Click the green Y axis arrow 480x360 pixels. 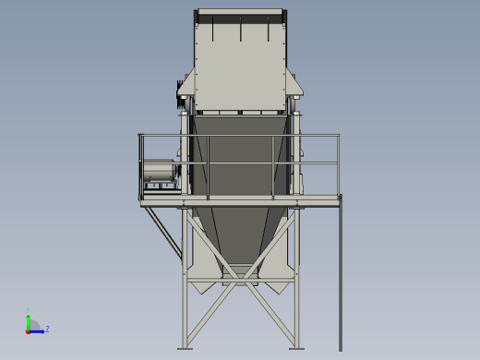pyautogui.click(x=29, y=319)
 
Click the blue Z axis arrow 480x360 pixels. pyautogui.click(x=38, y=330)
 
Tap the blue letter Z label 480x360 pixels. pyautogui.click(x=47, y=329)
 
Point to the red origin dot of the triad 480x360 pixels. pyautogui.click(x=29, y=330)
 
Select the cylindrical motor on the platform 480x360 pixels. pyautogui.click(x=159, y=172)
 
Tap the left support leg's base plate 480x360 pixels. pyautogui.click(x=186, y=348)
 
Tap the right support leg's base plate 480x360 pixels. pyautogui.click(x=296, y=348)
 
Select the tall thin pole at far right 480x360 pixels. pyautogui.click(x=340, y=277)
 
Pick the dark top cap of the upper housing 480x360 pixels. pyautogui.click(x=240, y=12)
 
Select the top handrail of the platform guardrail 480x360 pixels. pyautogui.click(x=240, y=136)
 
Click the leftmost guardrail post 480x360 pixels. pyautogui.click(x=140, y=166)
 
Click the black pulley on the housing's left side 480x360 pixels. pyautogui.click(x=179, y=90)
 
